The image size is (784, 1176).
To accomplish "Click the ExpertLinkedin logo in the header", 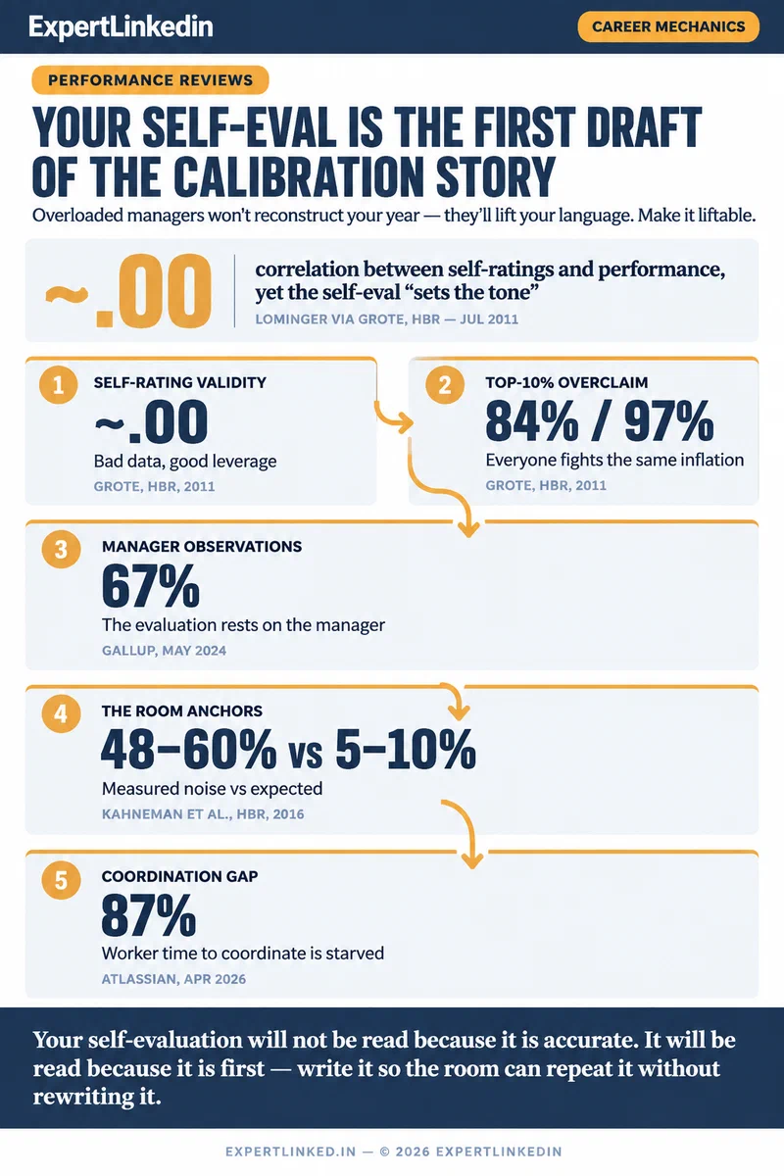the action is (x=121, y=26).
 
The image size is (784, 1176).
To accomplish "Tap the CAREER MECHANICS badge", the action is (x=668, y=26).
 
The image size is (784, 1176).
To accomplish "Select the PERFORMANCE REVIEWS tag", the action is (x=150, y=79).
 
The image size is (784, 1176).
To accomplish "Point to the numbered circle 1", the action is (x=58, y=385).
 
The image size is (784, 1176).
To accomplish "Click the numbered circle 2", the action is (x=445, y=385).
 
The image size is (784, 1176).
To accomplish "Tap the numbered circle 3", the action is (x=61, y=549).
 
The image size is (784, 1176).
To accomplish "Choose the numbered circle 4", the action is (x=61, y=713).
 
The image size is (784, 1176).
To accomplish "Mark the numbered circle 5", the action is (x=61, y=880).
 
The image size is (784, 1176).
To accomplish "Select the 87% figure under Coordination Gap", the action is (x=149, y=915).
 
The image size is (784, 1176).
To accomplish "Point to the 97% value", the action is (x=669, y=421).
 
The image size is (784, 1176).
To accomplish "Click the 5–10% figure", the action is (x=406, y=749).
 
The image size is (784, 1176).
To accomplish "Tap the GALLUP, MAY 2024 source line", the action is (x=164, y=651).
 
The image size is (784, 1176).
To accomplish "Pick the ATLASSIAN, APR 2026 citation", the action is (x=173, y=979).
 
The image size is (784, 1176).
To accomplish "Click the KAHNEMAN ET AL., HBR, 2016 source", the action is (x=203, y=814).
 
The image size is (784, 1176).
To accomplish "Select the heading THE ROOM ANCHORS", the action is (x=181, y=710).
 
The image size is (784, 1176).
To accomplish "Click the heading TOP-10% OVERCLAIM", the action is (x=566, y=382).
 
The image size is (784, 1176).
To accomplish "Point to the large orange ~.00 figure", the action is (x=128, y=291).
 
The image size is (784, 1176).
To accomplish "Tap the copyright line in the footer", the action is (x=394, y=1151).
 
